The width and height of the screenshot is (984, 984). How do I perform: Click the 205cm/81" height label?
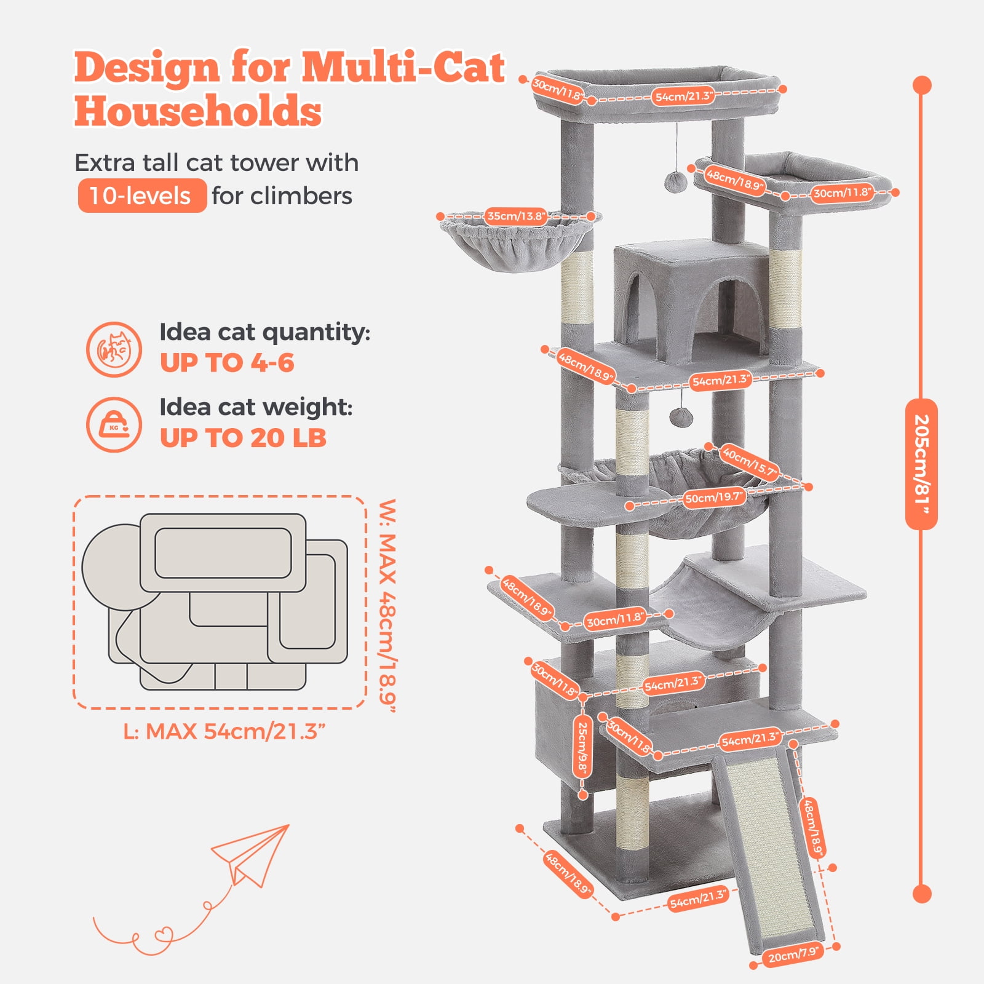(921, 464)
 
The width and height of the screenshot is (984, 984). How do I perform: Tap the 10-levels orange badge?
(142, 196)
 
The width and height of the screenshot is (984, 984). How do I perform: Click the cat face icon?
(114, 349)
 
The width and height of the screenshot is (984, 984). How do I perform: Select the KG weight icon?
(114, 425)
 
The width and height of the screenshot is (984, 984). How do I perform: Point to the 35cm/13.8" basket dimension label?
(515, 216)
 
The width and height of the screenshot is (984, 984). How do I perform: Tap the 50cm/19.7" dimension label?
(714, 497)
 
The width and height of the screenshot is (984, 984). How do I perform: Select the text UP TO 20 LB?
(243, 438)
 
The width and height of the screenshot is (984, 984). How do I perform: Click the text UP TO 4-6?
(227, 363)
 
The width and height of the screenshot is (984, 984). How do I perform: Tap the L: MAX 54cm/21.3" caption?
(224, 731)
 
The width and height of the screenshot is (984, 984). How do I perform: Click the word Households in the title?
(198, 111)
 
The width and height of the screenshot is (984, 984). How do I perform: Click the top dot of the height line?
(922, 85)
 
